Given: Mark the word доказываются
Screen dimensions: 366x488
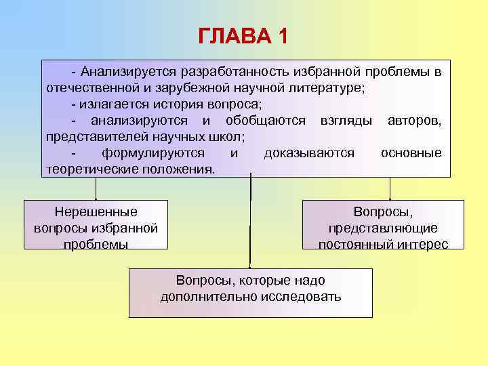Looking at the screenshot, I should pyautogui.click(x=309, y=153).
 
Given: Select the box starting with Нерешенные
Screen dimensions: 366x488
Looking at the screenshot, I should pyautogui.click(x=96, y=225).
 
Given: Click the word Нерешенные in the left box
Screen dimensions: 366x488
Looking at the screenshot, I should pyautogui.click(x=96, y=211).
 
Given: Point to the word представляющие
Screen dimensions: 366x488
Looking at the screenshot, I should pyautogui.click(x=383, y=228).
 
